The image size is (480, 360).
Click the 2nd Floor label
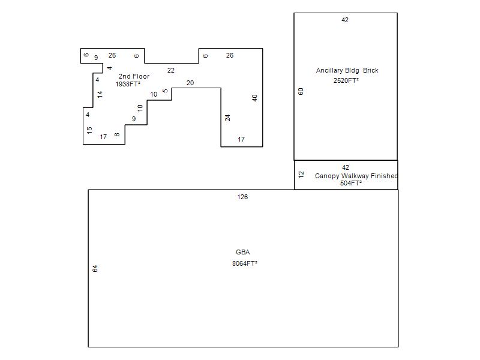click(x=134, y=76)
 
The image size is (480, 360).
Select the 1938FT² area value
click(x=128, y=84)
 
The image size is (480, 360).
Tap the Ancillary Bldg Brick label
click(x=347, y=70)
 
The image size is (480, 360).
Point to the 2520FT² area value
click(x=346, y=80)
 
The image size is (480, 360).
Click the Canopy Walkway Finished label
click(x=356, y=176)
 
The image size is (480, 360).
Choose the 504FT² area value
click(x=351, y=183)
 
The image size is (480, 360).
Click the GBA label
click(x=242, y=252)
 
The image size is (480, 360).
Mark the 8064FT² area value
click(x=245, y=263)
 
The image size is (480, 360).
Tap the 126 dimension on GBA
click(x=242, y=197)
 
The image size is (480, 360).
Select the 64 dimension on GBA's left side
click(x=95, y=268)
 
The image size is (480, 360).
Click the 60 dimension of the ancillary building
click(x=301, y=91)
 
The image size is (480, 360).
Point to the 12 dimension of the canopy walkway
click(x=301, y=175)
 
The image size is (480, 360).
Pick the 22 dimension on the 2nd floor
click(x=171, y=70)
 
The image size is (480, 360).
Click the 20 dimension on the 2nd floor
click(x=190, y=83)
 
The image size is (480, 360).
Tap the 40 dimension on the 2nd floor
click(x=255, y=98)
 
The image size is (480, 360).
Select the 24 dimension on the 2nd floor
click(x=228, y=118)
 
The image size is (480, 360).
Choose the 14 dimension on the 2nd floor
click(x=100, y=94)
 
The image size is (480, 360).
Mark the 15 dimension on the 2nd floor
click(x=89, y=130)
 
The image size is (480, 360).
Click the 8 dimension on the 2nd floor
click(x=117, y=134)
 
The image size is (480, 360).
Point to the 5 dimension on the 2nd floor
click(x=165, y=91)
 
